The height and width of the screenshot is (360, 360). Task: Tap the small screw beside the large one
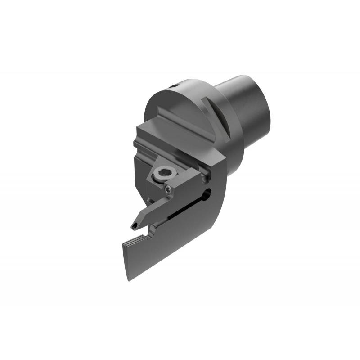169,189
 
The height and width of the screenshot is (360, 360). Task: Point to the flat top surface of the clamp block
175,135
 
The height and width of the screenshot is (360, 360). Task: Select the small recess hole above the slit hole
206,179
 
